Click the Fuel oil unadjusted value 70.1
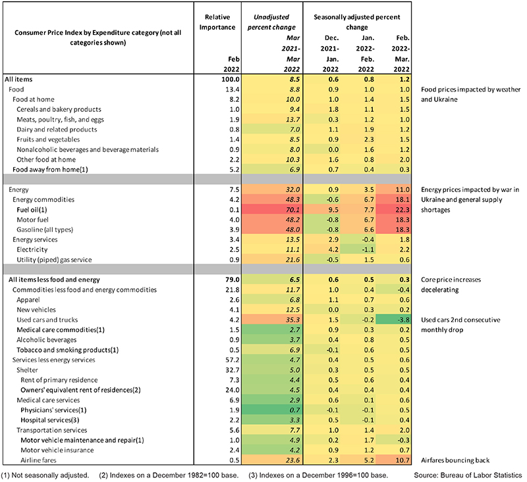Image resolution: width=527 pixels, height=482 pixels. pyautogui.click(x=292, y=210)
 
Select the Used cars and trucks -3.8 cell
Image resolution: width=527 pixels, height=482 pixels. pyautogui.click(x=402, y=320)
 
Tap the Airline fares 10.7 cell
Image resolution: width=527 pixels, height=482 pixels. pyautogui.click(x=402, y=460)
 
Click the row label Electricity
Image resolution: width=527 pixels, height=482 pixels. pyautogui.click(x=32, y=250)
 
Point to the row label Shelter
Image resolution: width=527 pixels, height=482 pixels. pyautogui.click(x=27, y=370)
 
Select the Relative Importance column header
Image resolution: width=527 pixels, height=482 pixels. pyautogui.click(x=217, y=22)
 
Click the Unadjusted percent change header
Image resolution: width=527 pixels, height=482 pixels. pyautogui.click(x=271, y=22)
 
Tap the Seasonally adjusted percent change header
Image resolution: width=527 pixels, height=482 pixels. pyautogui.click(x=357, y=22)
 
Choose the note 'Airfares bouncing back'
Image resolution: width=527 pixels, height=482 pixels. pyautogui.click(x=455, y=460)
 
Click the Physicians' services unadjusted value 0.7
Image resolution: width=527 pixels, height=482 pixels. pyautogui.click(x=294, y=410)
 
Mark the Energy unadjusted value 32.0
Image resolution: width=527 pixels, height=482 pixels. pyautogui.click(x=292, y=189)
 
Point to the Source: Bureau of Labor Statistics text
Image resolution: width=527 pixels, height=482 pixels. pyautogui.click(x=468, y=475)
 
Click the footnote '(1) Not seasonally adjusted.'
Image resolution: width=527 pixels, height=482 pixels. pyautogui.click(x=45, y=475)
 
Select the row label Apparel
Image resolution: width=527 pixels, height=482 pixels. pyautogui.click(x=28, y=300)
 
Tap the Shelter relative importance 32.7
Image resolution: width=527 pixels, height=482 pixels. pyautogui.click(x=233, y=370)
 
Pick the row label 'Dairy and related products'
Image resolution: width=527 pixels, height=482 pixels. pyautogui.click(x=57, y=130)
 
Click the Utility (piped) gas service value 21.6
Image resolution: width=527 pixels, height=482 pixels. pyautogui.click(x=292, y=260)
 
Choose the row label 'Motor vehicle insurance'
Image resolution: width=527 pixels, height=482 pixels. pyautogui.click(x=57, y=450)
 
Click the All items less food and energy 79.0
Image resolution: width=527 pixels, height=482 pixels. pyautogui.click(x=233, y=279)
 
